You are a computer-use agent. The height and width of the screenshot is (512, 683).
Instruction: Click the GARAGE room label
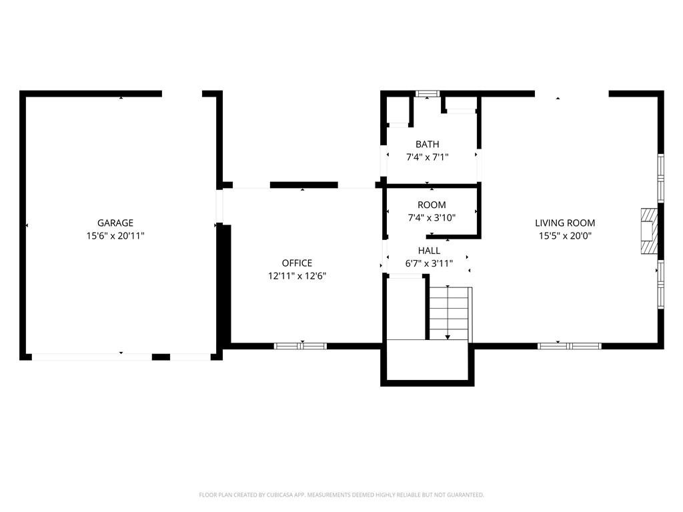coord(115,223)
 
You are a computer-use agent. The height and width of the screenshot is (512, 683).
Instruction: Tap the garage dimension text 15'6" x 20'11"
coord(115,236)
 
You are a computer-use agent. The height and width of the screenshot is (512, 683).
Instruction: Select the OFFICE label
coord(297,263)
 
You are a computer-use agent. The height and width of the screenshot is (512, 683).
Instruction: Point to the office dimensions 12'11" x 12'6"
coord(297,276)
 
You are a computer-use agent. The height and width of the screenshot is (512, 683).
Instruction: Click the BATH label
coord(428,144)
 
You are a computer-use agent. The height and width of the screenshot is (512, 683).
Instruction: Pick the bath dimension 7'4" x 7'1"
coord(428,157)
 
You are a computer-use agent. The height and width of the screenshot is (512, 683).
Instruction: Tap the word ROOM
coord(432,205)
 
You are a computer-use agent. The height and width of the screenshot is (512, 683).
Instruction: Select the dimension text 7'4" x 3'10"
coord(432,218)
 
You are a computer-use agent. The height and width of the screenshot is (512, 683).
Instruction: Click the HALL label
coord(429,251)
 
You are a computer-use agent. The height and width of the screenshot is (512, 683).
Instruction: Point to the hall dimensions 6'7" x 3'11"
coord(429,263)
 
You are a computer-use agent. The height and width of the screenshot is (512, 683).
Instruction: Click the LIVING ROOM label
coord(565,223)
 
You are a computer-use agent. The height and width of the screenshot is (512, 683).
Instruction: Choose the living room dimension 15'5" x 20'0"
coord(565,236)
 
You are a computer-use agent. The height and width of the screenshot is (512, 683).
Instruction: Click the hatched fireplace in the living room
coord(649,231)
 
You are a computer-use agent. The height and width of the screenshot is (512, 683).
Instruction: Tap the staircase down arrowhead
coord(448,337)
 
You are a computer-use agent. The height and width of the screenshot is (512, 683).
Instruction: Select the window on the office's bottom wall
coord(300,346)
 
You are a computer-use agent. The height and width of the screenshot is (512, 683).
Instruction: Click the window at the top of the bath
coord(427,93)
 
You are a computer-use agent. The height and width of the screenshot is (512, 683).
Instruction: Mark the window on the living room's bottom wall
coord(570,346)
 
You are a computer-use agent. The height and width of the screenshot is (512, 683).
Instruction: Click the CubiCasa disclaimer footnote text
coord(341,495)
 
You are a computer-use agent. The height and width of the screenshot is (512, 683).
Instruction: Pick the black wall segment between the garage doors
coord(161,357)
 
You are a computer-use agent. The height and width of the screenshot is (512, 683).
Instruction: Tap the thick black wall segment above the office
coord(304,185)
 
